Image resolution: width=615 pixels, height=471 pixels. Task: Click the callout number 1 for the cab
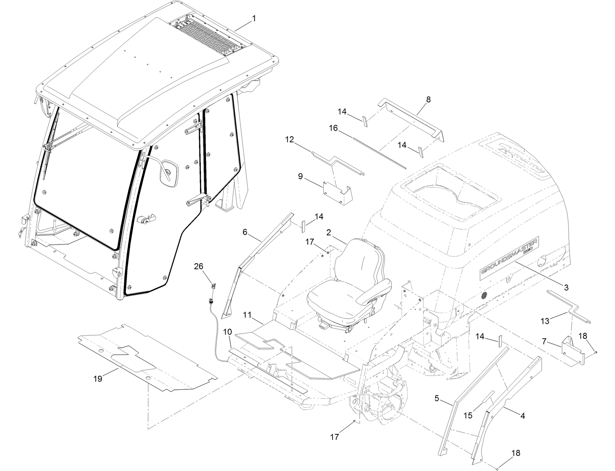[x=254, y=18]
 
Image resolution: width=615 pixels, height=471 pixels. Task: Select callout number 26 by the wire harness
[x=199, y=266]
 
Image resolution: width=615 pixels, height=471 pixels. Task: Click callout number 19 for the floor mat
[x=98, y=379]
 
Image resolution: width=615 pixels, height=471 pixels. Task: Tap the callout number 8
[x=428, y=99]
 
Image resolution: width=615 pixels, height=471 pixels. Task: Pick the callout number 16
[x=333, y=128]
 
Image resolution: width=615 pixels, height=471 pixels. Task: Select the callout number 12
[x=290, y=139]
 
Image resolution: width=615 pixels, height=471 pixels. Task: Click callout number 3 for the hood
[x=566, y=288]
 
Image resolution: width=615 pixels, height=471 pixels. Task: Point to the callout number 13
[x=545, y=320]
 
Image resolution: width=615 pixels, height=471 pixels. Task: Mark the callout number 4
[x=522, y=416]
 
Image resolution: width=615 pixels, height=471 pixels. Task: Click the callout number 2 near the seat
[x=328, y=232]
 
